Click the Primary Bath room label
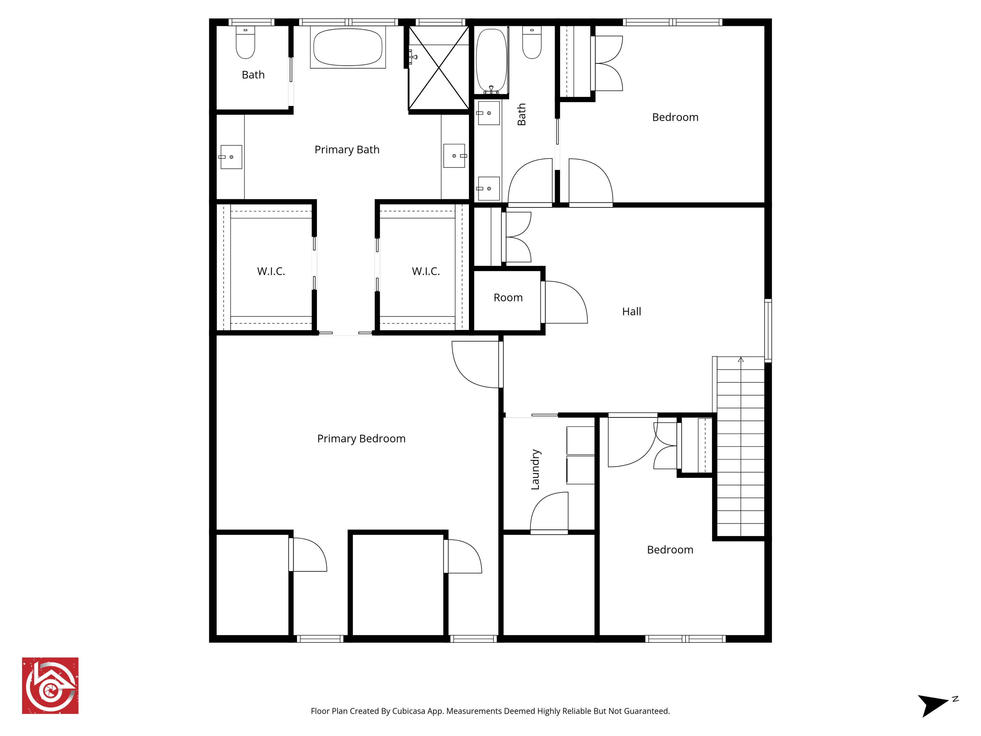pos(347,149)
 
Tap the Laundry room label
pos(535,469)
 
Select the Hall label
pos(631,311)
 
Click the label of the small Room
pos(508,297)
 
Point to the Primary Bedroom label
pos(361,438)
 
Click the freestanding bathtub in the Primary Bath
pos(348,47)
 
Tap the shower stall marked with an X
pos(439,68)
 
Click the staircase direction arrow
pos(741,360)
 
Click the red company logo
pos(50,685)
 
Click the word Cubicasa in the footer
pos(408,711)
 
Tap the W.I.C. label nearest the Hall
pos(426,271)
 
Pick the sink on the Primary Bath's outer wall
pos(231,157)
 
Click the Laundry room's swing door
pos(549,512)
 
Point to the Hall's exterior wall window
pos(768,330)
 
